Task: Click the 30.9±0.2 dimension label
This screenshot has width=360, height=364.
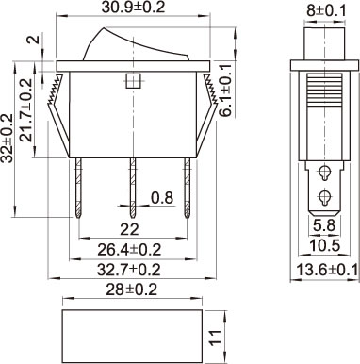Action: point(133,8)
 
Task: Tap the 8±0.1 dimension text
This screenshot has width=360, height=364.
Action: point(326,11)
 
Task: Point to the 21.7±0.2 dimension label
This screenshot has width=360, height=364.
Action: point(25,109)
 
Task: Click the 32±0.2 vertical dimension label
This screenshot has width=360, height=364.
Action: point(7,138)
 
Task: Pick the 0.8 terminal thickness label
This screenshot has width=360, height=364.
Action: point(162,198)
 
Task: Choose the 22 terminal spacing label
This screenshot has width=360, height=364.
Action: point(129,230)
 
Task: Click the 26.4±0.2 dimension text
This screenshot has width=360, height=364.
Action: point(129,250)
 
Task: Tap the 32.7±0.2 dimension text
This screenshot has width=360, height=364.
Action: point(129,270)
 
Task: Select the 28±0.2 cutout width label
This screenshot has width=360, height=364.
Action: point(131,290)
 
